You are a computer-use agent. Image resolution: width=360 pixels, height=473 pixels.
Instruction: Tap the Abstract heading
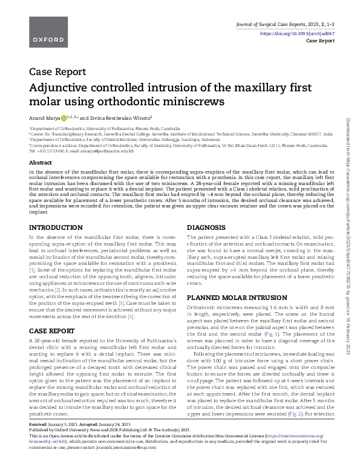[x=41, y=163]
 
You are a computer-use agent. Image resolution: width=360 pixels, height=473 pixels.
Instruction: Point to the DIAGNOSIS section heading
[x=207, y=210]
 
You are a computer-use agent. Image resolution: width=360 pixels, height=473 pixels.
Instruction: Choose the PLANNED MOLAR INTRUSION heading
[x=233, y=298]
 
